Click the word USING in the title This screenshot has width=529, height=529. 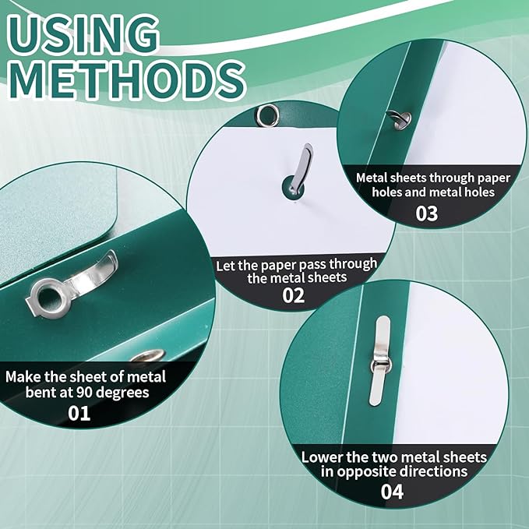[x=83, y=35]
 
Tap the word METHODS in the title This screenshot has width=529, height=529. [x=127, y=80]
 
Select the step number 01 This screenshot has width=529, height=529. [x=79, y=413]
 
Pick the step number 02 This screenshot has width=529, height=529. [x=294, y=295]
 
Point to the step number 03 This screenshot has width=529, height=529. [x=427, y=213]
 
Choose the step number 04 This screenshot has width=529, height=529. [x=392, y=492]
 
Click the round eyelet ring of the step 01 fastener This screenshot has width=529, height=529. [x=50, y=298]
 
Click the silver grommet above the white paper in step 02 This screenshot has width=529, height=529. [x=268, y=115]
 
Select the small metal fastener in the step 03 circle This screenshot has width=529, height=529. [x=400, y=119]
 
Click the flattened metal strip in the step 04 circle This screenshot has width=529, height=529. [x=380, y=361]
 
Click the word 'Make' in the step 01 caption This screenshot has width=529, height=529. [x=23, y=377]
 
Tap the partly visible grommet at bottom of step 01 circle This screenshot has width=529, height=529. [x=148, y=355]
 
